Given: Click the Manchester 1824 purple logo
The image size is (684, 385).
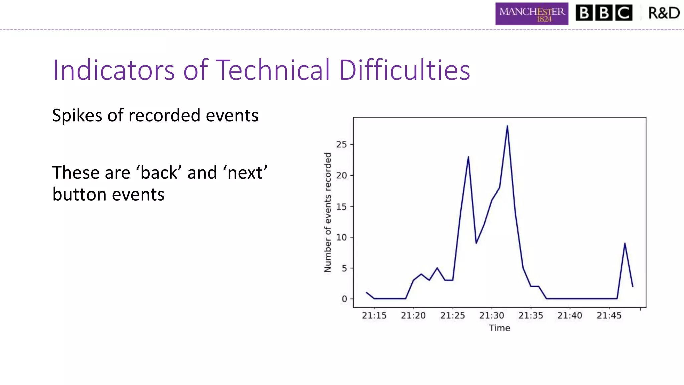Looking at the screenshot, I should pos(532,14).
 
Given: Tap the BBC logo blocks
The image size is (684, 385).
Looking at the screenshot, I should pos(604,13).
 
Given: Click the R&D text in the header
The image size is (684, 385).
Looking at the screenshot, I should pos(664,13).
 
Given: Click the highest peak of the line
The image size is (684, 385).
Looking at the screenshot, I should pos(507,126).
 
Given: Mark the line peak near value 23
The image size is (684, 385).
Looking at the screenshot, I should pos(468,157).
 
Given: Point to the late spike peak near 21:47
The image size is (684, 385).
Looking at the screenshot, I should pos(625,243).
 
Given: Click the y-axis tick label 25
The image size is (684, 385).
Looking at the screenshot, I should pos(341,145).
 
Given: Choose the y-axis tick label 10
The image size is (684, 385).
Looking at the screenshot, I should pos(341,237).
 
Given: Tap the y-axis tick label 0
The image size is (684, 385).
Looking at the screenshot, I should pos(344,299).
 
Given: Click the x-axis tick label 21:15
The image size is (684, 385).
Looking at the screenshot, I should pos(374,316).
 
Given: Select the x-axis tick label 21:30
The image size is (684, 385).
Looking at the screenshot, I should pos(492,316).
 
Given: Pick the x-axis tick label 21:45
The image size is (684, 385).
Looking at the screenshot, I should pos(609,316).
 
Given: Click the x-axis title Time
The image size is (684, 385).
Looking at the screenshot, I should pos(499,328).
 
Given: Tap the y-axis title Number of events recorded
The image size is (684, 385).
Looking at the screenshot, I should pos(328,213).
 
